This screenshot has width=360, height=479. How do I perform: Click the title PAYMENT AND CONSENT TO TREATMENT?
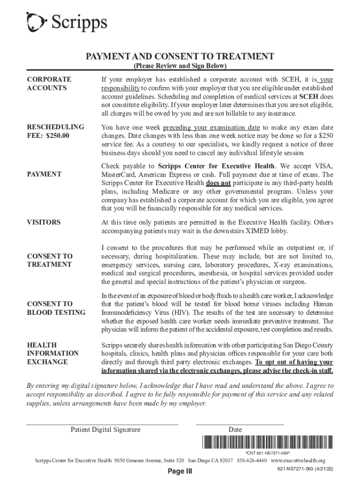pos(180,57)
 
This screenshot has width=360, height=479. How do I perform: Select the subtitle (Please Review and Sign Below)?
pos(180,66)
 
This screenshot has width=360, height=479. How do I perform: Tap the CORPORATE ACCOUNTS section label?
pos(46,84)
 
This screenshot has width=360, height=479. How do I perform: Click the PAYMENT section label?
pos(44,174)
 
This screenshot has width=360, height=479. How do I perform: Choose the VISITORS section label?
pos(44,222)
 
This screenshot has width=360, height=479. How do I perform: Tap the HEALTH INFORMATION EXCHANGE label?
pos(53,353)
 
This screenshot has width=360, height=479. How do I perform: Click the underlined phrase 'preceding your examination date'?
pos(211,127)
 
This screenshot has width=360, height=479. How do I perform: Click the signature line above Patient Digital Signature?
pos(102,424)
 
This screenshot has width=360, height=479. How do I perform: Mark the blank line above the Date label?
pos(240,424)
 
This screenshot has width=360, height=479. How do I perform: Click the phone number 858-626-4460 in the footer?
pos(252,460)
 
